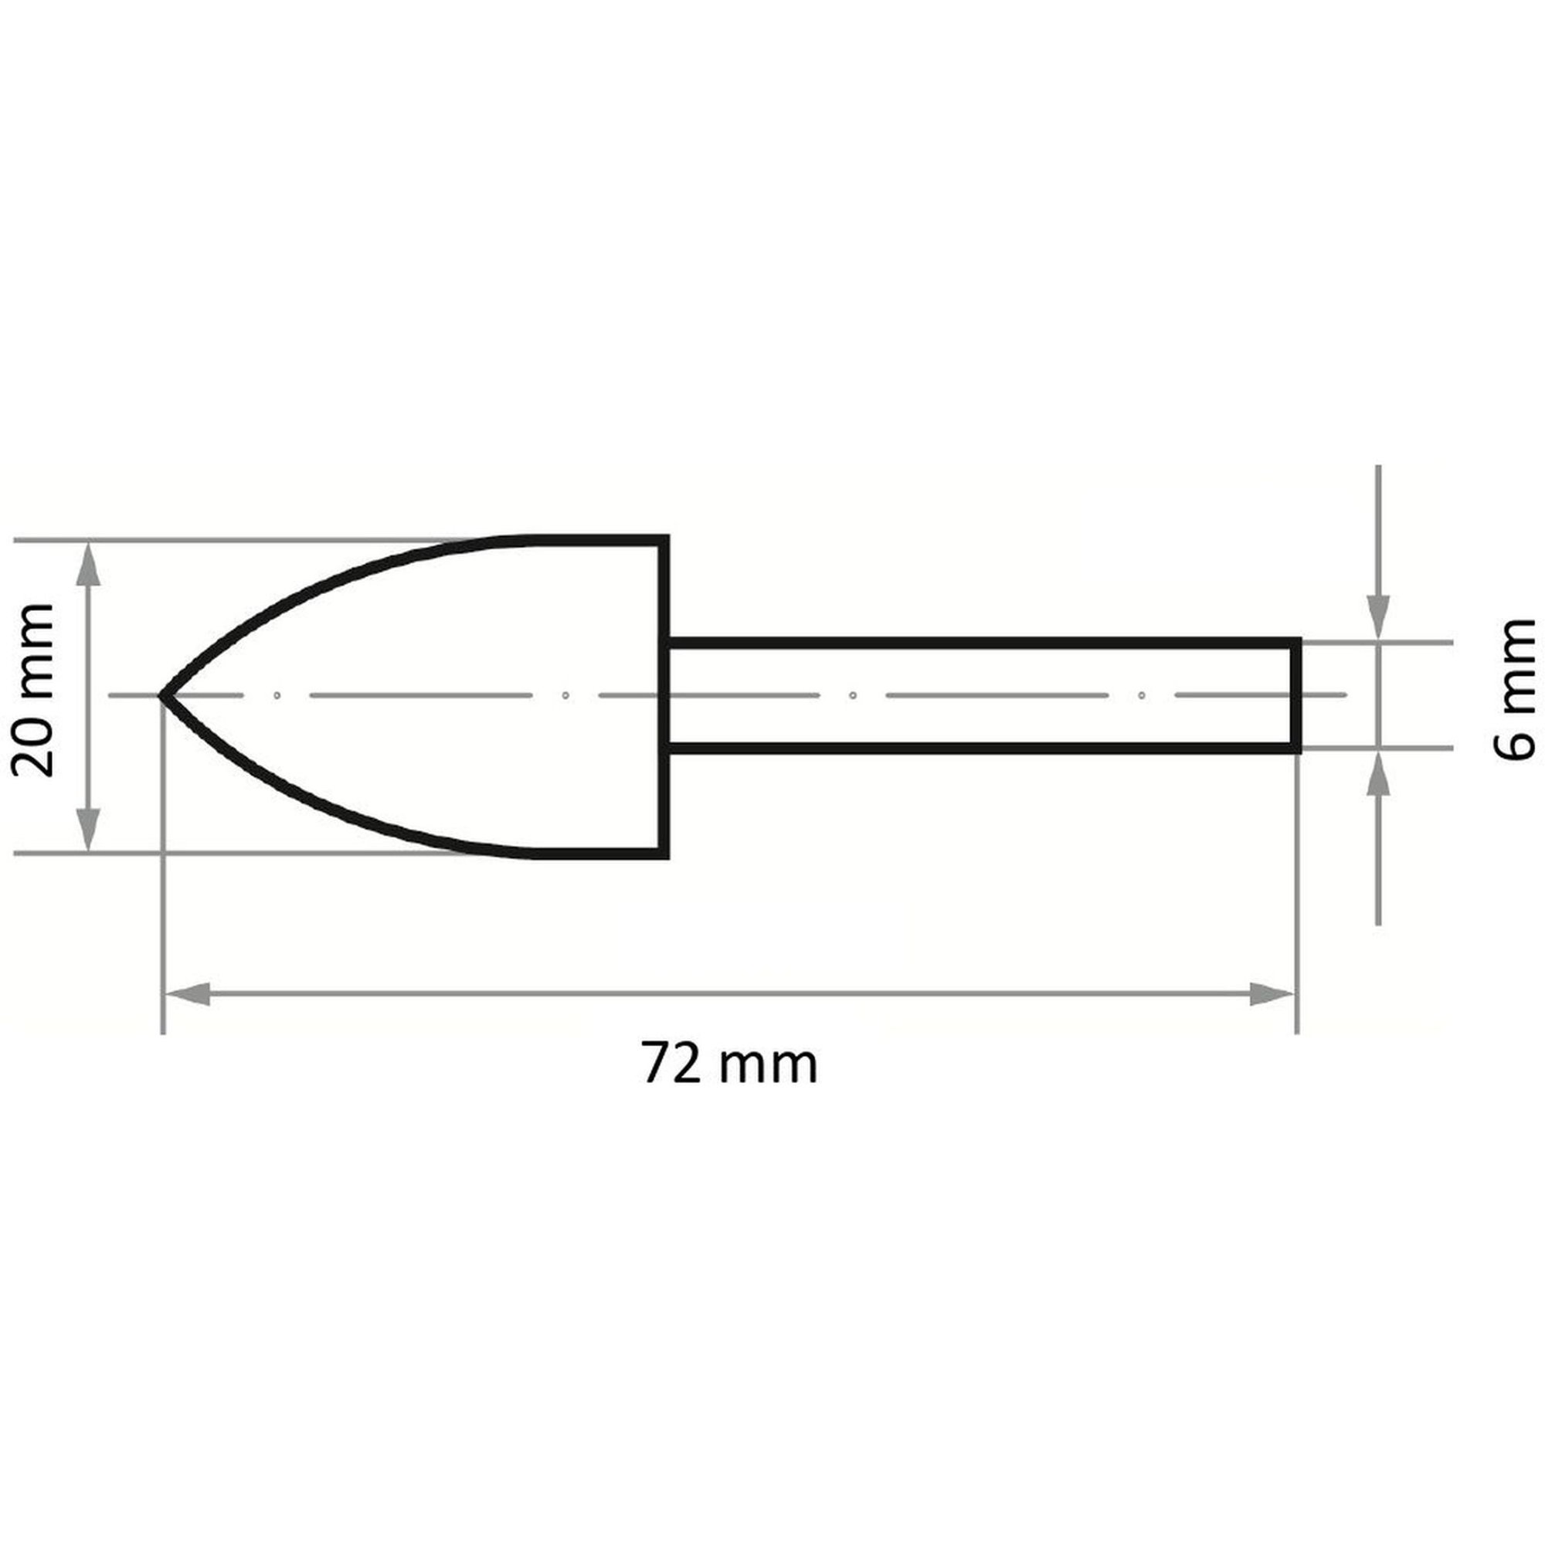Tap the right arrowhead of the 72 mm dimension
1272,995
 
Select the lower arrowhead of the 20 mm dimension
90,827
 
